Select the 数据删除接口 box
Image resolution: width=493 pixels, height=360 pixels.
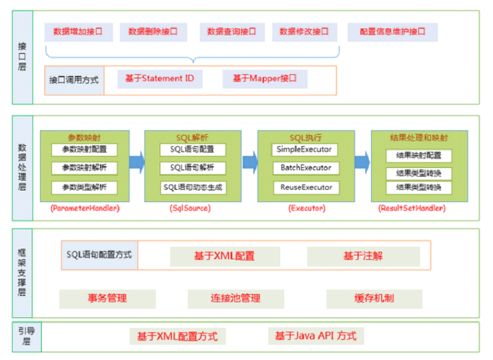tap(148, 32)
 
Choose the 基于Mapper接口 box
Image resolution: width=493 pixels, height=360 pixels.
tap(264, 78)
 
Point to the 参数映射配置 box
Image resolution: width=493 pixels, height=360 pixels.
tap(84, 150)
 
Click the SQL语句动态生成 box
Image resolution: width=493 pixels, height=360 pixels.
tap(193, 187)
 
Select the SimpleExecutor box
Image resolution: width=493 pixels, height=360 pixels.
tap(304, 150)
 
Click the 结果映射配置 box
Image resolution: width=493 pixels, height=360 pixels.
tap(419, 156)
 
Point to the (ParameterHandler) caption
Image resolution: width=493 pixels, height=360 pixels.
tap(85, 208)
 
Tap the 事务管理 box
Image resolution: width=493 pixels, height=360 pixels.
tap(107, 298)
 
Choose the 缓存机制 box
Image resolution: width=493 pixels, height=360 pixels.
tap(374, 298)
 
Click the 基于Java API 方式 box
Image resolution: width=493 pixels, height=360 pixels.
tap(316, 336)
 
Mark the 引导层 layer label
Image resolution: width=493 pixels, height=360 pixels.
tap(22, 336)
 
